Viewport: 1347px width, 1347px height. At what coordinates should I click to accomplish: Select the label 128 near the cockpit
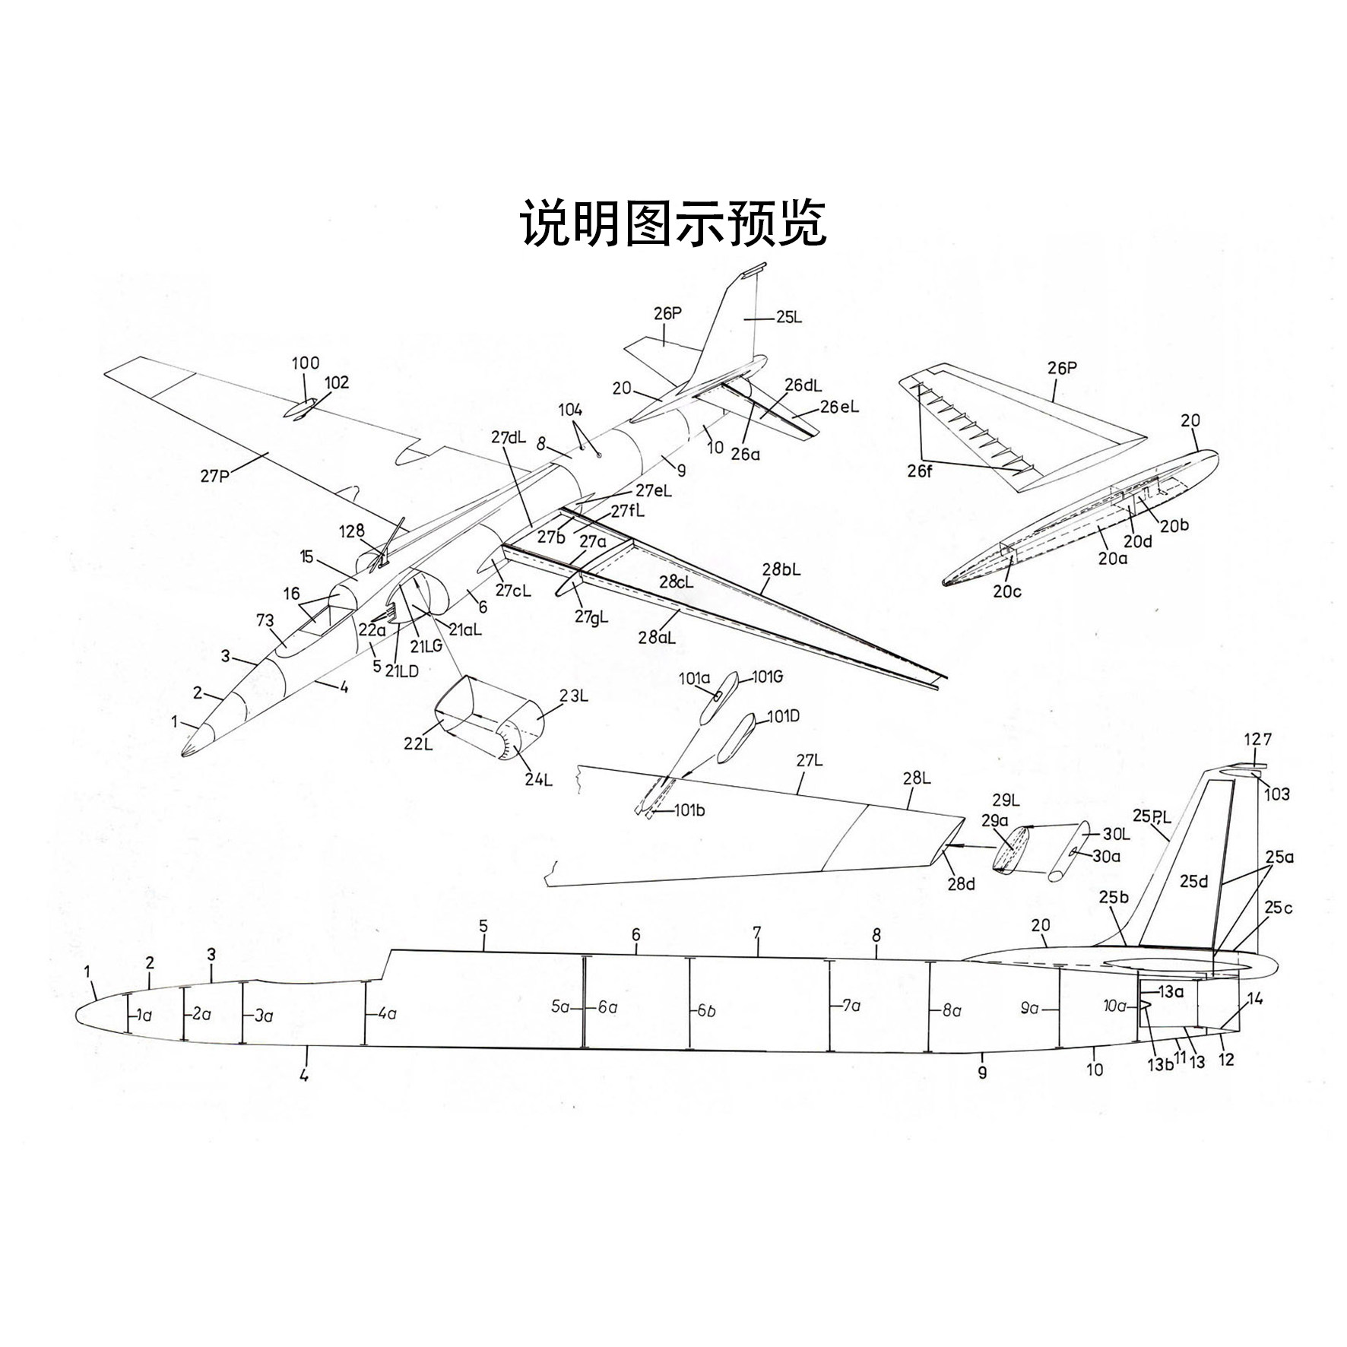(352, 531)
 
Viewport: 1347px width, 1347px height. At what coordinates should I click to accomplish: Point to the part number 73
(265, 620)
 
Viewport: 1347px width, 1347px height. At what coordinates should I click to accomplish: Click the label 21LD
(402, 670)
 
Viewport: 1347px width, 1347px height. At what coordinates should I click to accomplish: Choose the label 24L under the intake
(537, 779)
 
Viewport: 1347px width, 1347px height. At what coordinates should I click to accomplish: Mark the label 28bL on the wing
(781, 569)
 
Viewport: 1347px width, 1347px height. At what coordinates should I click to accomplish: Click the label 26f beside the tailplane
(920, 472)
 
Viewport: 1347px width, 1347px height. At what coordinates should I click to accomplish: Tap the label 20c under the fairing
(1007, 591)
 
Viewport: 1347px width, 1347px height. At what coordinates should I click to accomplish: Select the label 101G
(767, 677)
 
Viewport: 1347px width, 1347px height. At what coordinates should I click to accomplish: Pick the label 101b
(689, 810)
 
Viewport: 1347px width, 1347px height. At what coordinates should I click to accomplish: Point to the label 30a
(1106, 855)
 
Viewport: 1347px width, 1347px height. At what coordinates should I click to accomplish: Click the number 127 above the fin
(1257, 739)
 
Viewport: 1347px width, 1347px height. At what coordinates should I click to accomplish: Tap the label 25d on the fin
(1193, 881)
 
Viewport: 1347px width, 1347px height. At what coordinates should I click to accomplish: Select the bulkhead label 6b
(705, 1012)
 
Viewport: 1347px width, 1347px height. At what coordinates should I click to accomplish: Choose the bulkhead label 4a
(387, 1013)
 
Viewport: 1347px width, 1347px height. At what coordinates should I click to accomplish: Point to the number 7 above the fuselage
(757, 931)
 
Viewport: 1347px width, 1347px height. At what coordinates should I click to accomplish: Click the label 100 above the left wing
(306, 363)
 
